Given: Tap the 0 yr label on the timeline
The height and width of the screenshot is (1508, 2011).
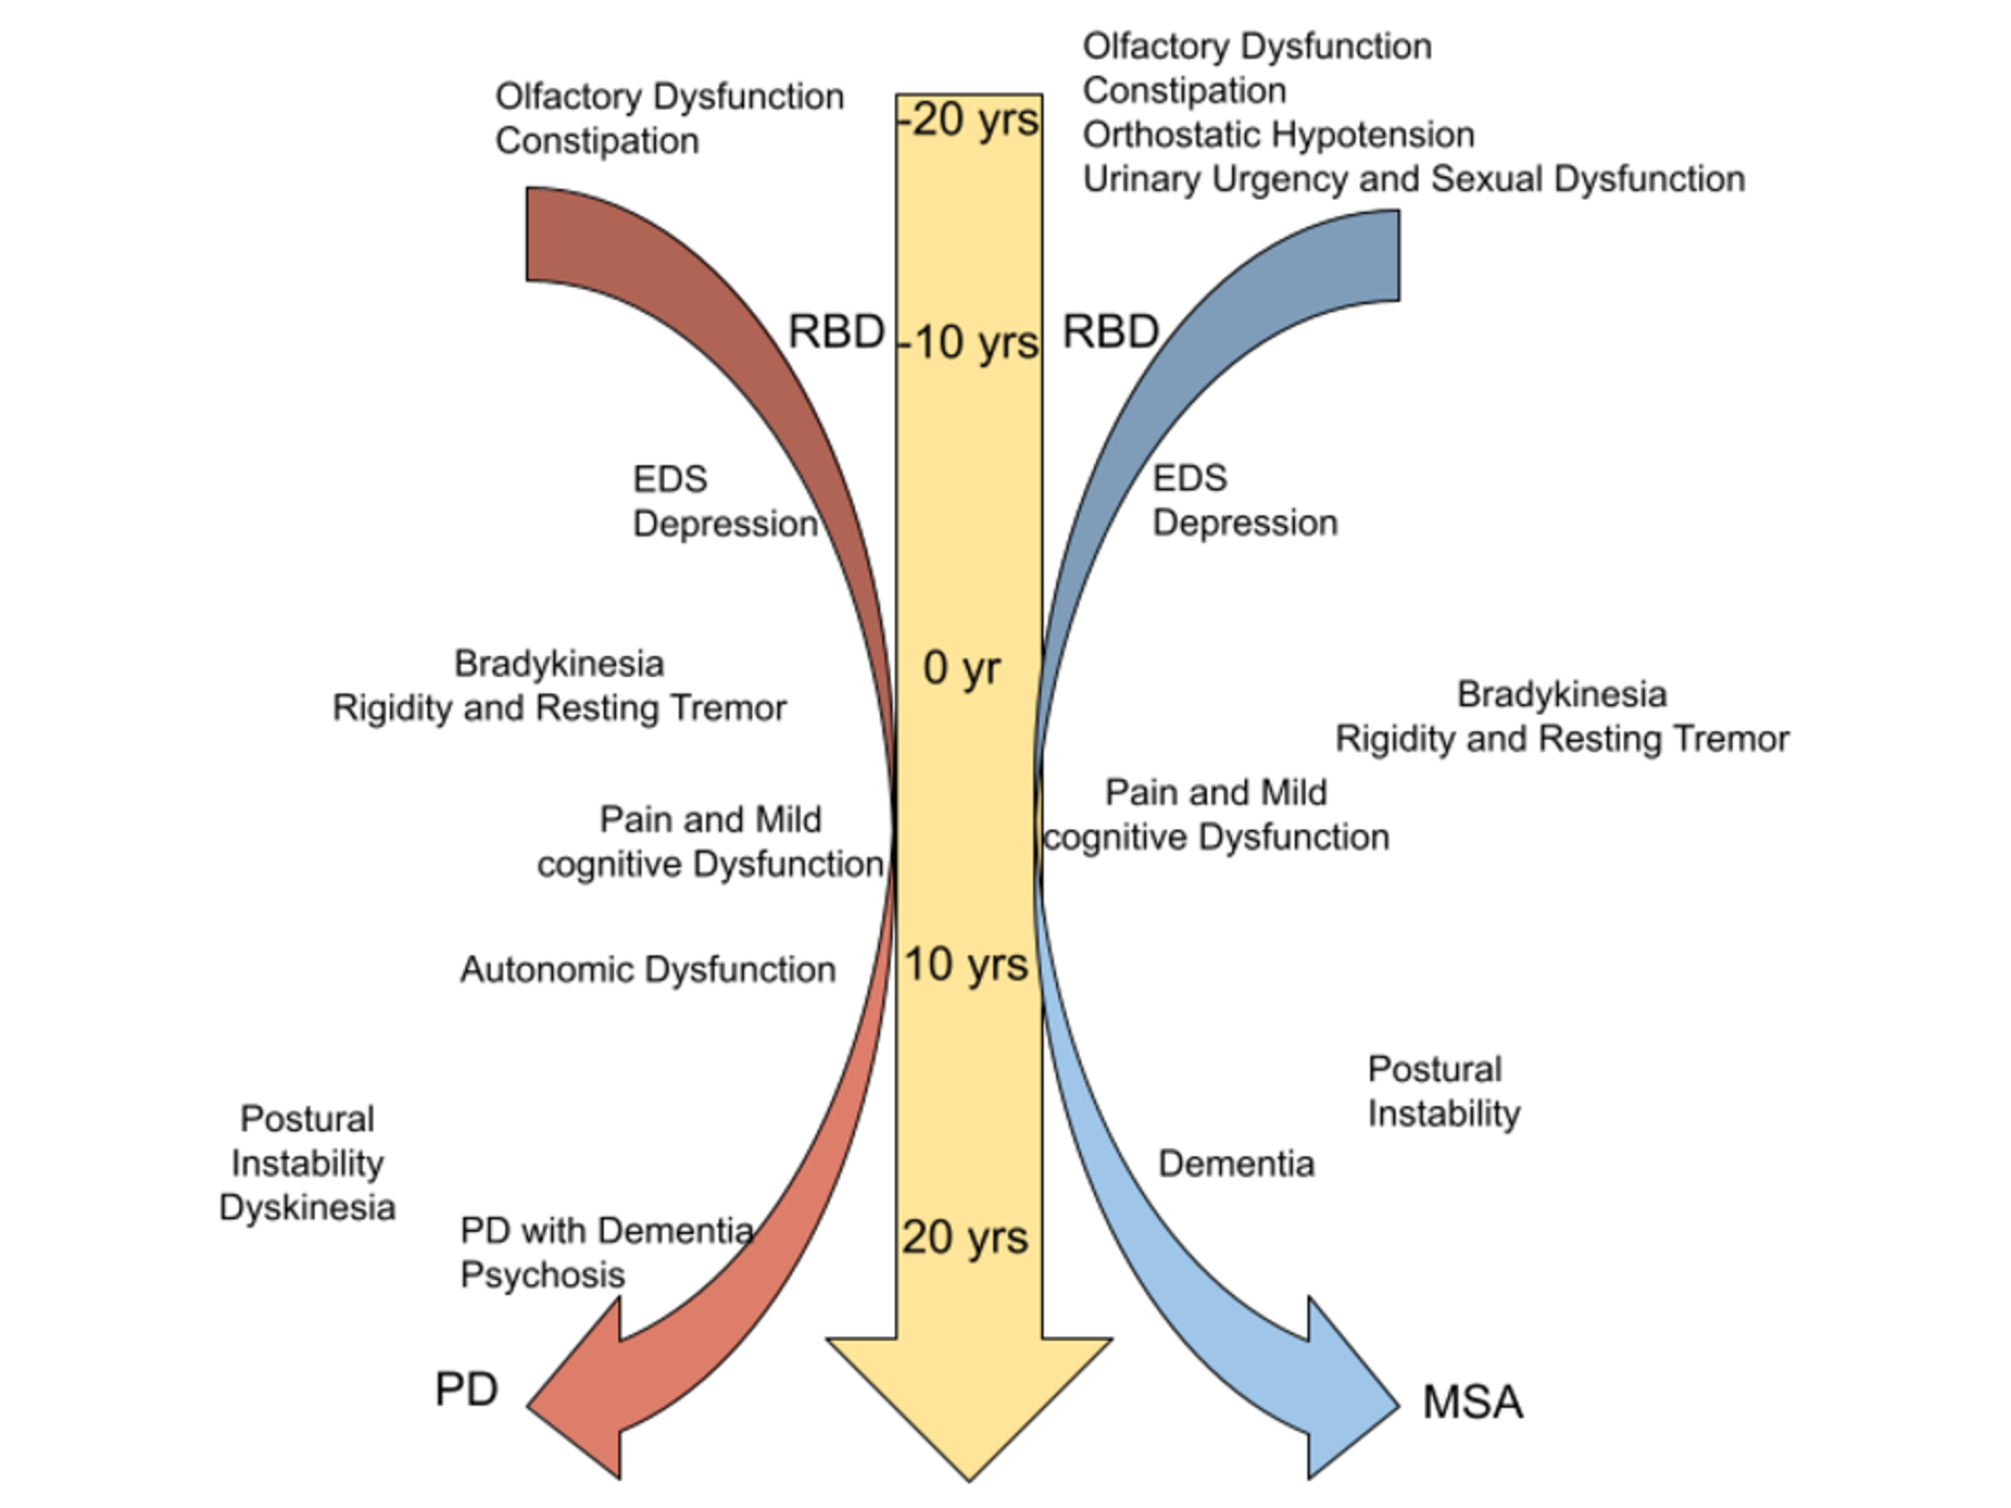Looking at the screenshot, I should (x=962, y=669).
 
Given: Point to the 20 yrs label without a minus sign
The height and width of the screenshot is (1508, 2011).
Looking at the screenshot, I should (x=965, y=1238).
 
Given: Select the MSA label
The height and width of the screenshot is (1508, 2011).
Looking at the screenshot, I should (x=1473, y=1403).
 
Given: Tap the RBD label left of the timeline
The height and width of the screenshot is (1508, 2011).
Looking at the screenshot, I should (x=835, y=332).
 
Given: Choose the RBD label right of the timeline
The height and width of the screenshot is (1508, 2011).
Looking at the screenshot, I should (x=1110, y=332).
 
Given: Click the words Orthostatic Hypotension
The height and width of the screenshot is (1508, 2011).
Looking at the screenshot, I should (x=1278, y=135).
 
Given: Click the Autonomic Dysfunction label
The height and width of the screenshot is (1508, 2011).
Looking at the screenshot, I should (x=648, y=970).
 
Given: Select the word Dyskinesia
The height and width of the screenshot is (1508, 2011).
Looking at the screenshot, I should (x=307, y=1208).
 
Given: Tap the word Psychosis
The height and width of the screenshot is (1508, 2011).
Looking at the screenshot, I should (x=543, y=1275).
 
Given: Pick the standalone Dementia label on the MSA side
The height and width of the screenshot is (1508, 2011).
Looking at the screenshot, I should (x=1236, y=1164).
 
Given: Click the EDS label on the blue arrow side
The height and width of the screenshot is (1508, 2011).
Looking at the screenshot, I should (x=1190, y=478).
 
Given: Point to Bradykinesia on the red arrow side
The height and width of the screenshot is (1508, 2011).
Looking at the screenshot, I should (x=559, y=664).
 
